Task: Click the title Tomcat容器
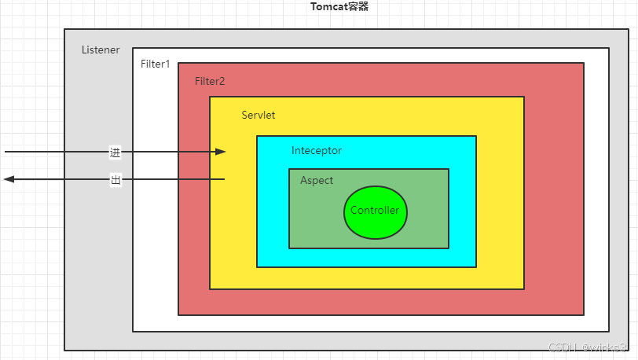click(x=339, y=7)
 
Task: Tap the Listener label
click(x=101, y=50)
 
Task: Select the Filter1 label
click(x=155, y=64)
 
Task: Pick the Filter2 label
click(x=210, y=81)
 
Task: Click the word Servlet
click(x=258, y=115)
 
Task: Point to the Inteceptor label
click(x=317, y=150)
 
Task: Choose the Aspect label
click(x=317, y=180)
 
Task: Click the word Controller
click(x=375, y=211)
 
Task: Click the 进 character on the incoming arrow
click(x=115, y=152)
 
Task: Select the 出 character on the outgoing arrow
click(x=115, y=180)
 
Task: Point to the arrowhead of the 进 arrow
click(x=222, y=152)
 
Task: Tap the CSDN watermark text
click(x=586, y=347)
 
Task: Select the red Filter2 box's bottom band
click(x=380, y=302)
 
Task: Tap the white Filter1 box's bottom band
click(x=370, y=323)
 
